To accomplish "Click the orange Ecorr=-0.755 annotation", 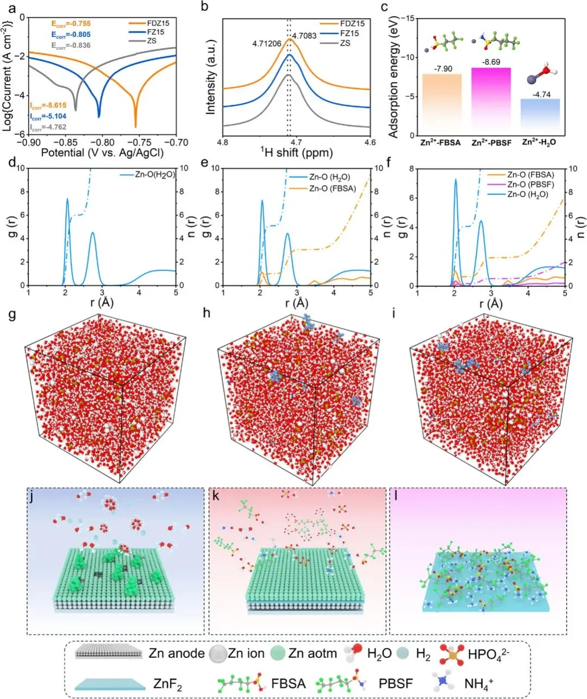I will click(x=71, y=24).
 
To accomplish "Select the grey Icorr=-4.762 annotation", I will click(x=48, y=128).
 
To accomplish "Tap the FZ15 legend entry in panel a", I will click(x=155, y=33).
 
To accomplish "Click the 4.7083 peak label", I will click(x=304, y=36).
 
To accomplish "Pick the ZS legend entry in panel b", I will click(x=345, y=43).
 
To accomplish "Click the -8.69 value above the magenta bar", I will click(x=491, y=62).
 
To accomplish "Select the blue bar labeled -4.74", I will click(x=540, y=117).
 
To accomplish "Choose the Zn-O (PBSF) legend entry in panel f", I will click(x=530, y=185).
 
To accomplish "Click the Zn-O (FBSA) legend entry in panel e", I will click(x=332, y=188).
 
